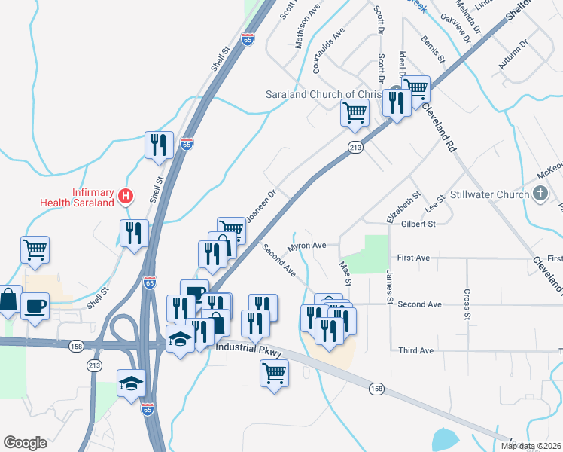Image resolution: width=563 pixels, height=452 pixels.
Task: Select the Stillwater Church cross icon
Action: [x=539, y=194]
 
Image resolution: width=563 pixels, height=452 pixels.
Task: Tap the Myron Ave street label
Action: [x=307, y=246]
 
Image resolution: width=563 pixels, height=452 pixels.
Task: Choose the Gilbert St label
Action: [x=418, y=224]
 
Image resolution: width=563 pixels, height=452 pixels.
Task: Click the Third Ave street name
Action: [x=416, y=351]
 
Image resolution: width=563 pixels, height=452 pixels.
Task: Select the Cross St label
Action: [x=467, y=304]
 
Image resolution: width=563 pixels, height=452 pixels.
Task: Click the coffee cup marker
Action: [x=35, y=307]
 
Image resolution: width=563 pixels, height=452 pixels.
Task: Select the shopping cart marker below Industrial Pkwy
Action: [x=275, y=372]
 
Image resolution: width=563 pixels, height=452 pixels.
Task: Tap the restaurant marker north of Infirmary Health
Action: [x=159, y=145]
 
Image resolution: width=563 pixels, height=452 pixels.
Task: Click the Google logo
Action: [x=25, y=443]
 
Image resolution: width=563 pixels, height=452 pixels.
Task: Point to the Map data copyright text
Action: [x=531, y=446]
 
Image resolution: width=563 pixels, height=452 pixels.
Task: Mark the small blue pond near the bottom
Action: [x=444, y=438]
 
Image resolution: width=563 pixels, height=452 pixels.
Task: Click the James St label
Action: [x=390, y=288]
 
